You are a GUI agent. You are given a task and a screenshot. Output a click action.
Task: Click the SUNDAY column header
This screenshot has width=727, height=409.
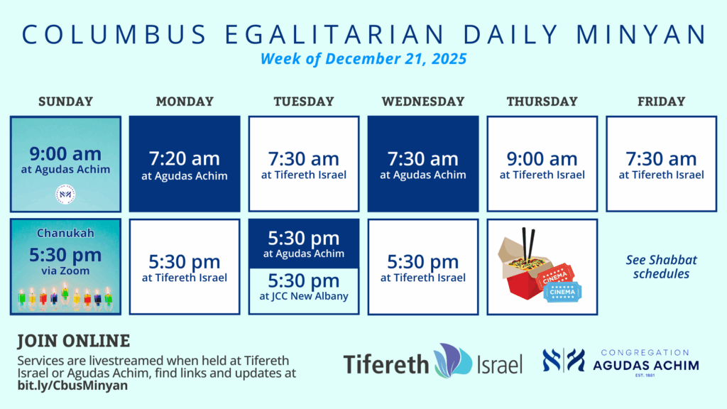pyautogui.click(x=65, y=101)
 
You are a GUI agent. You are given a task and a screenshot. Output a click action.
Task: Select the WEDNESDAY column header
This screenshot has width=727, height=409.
pyautogui.click(x=423, y=101)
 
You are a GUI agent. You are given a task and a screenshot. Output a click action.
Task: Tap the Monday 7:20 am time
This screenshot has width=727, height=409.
pyautogui.click(x=185, y=158)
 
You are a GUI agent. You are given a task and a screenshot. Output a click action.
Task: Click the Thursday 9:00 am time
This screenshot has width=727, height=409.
pyautogui.click(x=542, y=158)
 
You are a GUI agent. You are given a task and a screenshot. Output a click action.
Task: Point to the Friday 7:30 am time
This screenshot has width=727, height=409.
pyautogui.click(x=661, y=158)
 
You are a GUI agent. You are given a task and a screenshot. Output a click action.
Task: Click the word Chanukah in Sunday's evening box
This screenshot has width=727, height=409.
pyautogui.click(x=65, y=233)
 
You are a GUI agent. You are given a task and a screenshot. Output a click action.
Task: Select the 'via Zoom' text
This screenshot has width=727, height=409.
pyautogui.click(x=65, y=271)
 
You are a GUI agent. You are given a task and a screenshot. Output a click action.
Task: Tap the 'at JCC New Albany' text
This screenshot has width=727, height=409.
pyautogui.click(x=304, y=296)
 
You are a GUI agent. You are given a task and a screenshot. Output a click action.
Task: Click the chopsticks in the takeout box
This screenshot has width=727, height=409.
pyautogui.click(x=528, y=244)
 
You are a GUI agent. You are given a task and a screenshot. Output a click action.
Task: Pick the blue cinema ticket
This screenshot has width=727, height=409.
pyautogui.click(x=562, y=292)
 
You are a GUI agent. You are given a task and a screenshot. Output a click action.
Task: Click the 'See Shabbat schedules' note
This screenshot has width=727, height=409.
pyautogui.click(x=661, y=267)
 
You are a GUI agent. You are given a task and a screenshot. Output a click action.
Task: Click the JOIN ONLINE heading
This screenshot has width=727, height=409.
pyautogui.click(x=74, y=341)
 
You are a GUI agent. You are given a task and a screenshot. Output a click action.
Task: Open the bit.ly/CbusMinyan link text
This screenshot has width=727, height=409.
pyautogui.click(x=72, y=386)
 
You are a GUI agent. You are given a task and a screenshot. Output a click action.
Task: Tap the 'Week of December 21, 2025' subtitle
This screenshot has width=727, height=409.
pyautogui.click(x=363, y=59)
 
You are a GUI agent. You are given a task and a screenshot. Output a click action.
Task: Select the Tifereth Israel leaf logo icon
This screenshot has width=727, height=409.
pyautogui.click(x=453, y=360)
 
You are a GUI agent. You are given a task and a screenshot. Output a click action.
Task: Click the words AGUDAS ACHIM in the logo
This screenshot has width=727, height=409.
pyautogui.click(x=646, y=366)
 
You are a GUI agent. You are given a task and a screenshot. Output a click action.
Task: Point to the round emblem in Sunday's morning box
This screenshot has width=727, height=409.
pyautogui.click(x=65, y=195)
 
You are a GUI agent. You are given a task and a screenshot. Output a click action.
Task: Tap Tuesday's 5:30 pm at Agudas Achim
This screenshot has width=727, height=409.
pyautogui.click(x=304, y=244)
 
